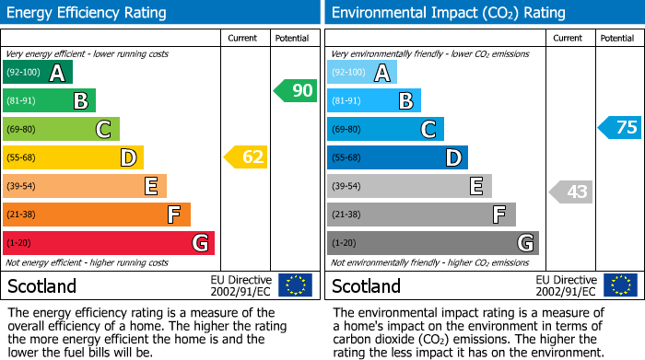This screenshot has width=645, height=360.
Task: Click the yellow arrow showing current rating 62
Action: [246, 157]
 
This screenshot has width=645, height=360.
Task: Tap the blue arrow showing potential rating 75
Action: [619, 128]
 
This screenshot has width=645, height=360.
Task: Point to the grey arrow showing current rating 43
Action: [570, 192]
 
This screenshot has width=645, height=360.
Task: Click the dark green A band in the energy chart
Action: [38, 73]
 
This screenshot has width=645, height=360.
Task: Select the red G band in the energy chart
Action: [109, 243]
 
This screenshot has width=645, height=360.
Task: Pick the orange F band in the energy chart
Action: [97, 215]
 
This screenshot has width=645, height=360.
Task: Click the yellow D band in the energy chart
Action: [73, 157]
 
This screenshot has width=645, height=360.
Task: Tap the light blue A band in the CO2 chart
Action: [362, 73]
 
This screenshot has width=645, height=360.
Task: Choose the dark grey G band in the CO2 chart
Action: [433, 243]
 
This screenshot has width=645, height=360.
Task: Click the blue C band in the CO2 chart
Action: [385, 129]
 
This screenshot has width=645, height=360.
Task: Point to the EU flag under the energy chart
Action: [295, 285]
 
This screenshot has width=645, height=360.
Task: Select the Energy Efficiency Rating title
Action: [87, 13]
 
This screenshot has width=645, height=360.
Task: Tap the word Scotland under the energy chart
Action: [41, 285]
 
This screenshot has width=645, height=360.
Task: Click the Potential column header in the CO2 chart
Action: [617, 39]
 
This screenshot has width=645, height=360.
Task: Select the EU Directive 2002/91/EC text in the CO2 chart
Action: [567, 285]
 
